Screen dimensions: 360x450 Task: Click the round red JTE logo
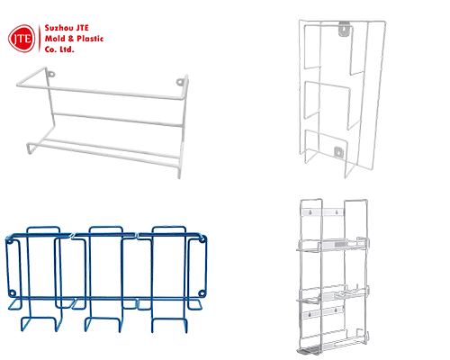tap(22, 37)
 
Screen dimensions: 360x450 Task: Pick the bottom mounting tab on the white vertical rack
tap(339, 151)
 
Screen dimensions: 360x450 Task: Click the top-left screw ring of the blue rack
tap(11, 239)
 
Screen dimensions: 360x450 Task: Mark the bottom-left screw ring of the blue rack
tap(11, 293)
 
